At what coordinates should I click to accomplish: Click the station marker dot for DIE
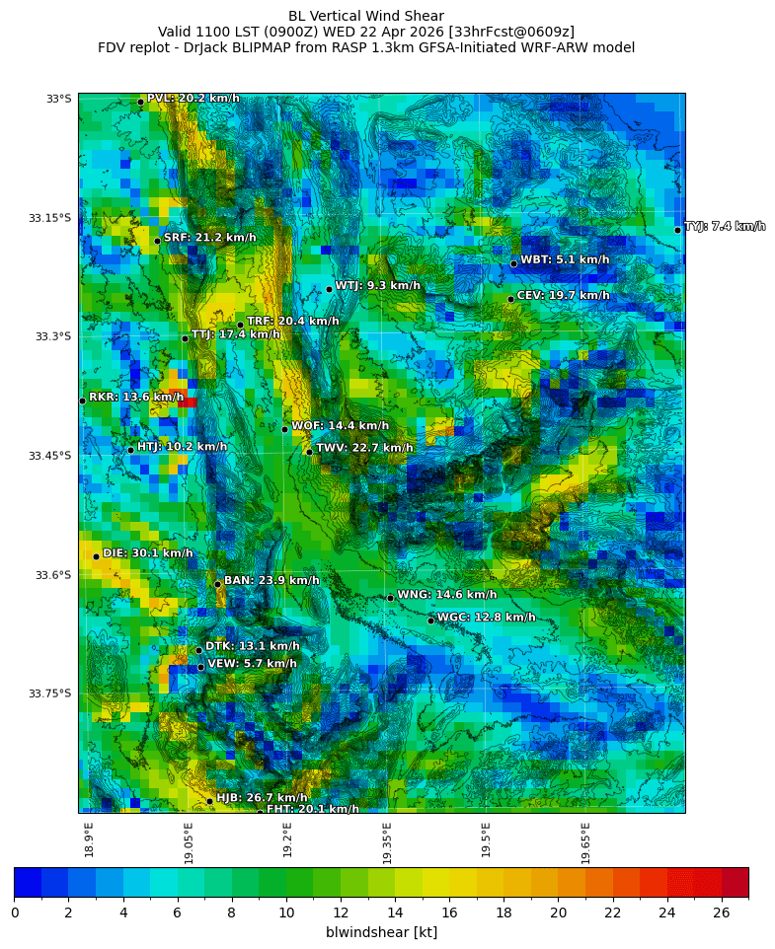pos(96,556)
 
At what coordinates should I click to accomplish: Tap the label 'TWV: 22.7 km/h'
pos(364,448)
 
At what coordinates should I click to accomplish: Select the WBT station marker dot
pos(513,263)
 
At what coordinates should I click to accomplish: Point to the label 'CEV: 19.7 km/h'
pos(564,295)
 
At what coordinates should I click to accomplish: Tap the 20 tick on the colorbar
pos(559,912)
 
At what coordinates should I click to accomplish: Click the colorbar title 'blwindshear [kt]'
pos(381,932)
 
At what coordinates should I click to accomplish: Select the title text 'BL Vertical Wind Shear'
pos(366,16)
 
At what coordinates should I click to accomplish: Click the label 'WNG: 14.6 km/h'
pos(446,595)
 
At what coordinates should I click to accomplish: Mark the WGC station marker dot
pos(430,620)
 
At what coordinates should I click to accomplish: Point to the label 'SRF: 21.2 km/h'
pos(210,238)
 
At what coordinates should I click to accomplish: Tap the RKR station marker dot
pos(82,401)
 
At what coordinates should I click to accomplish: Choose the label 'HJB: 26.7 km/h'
pos(262,797)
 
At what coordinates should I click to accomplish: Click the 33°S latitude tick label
pos(58,99)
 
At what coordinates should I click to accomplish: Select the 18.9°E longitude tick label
pos(89,839)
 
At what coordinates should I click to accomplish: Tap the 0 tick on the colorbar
pos(15,912)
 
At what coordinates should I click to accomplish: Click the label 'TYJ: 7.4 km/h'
pos(725,226)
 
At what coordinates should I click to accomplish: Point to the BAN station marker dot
pos(217,584)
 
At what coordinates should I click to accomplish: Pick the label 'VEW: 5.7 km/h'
pos(252,664)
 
